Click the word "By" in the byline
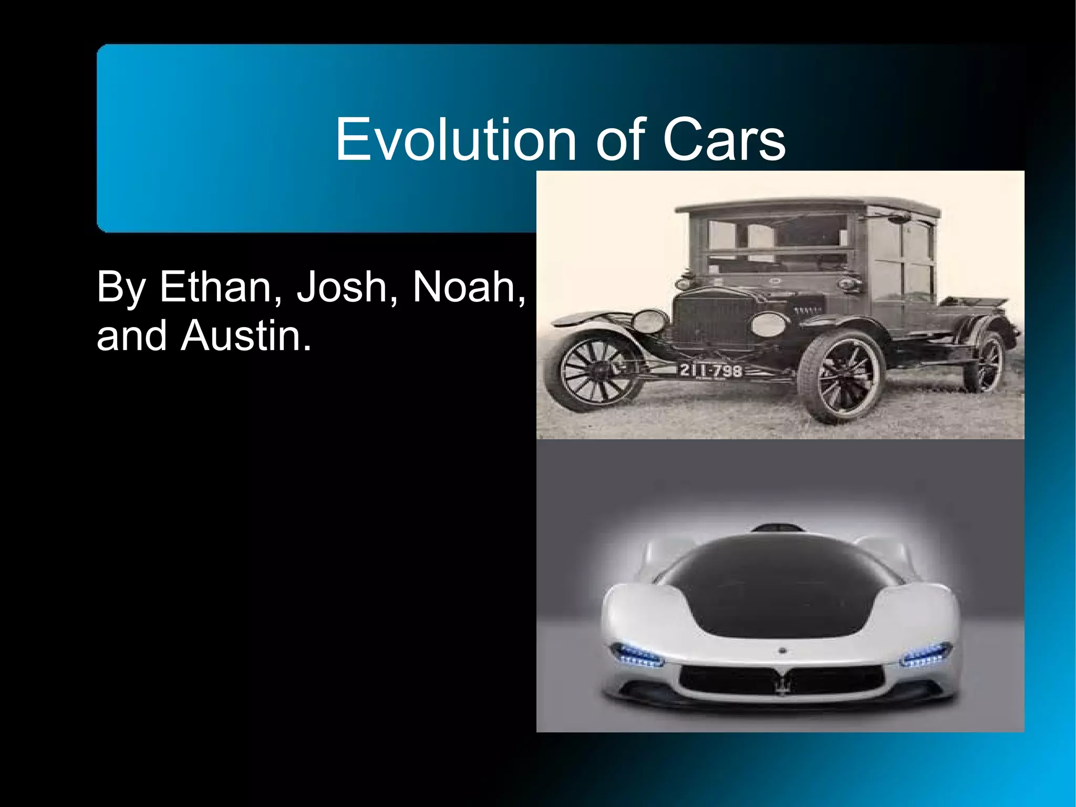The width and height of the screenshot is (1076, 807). click(x=120, y=288)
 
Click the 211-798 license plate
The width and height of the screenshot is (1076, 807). click(x=711, y=371)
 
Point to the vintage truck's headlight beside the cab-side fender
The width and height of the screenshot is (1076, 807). click(x=768, y=324)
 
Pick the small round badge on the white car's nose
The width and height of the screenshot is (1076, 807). click(x=782, y=651)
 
